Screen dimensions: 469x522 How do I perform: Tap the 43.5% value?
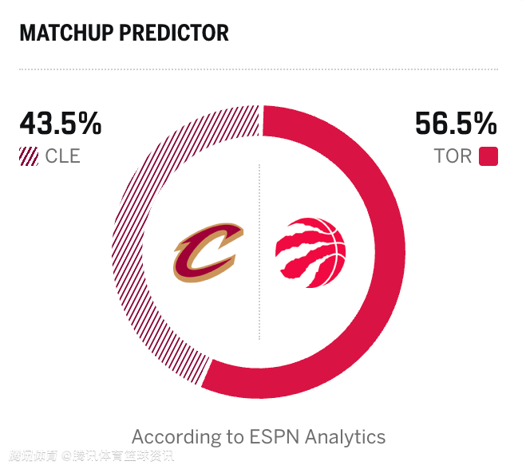coord(61,124)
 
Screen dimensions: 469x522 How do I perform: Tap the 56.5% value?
coord(456,124)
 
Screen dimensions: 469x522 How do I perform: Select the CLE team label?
coord(62,156)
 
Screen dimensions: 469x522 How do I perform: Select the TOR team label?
coord(453,156)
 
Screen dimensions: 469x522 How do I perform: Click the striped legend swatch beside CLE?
coord(29,156)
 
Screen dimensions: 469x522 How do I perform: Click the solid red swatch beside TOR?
coord(488,156)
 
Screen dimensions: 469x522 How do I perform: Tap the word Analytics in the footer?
coord(347,438)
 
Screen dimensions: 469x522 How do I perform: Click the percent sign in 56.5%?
coord(484,124)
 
